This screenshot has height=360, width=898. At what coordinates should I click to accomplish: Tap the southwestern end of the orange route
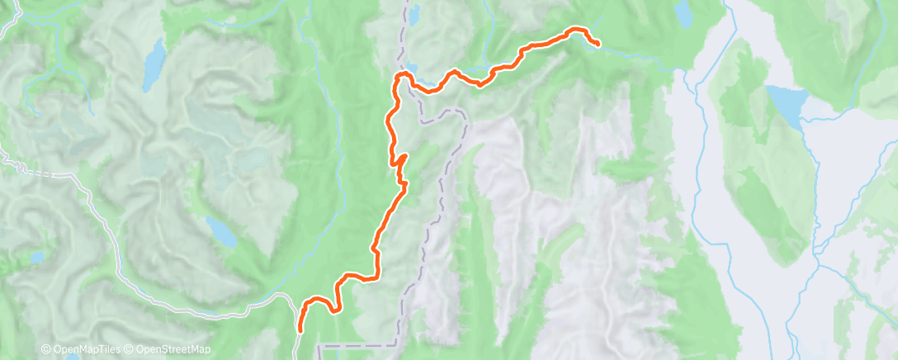pyautogui.click(x=299, y=330)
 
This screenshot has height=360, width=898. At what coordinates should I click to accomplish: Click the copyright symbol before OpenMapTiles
pyautogui.click(x=45, y=350)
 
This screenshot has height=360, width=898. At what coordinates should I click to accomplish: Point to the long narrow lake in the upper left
pyautogui.click(x=152, y=66)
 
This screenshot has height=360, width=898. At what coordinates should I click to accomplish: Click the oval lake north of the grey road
pyautogui.click(x=221, y=232)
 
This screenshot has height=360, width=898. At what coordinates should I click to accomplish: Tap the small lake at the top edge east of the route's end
pyautogui.click(x=683, y=14)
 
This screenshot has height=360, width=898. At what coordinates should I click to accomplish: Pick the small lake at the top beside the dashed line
pyautogui.click(x=414, y=14)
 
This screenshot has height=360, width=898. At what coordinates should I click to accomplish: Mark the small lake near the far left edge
pyautogui.click(x=35, y=258)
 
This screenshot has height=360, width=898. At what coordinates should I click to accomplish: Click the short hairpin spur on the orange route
pyautogui.click(x=402, y=158)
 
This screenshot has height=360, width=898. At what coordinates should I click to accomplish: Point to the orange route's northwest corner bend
pyautogui.click(x=402, y=77)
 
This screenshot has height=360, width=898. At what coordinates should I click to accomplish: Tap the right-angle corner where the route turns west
pyautogui.click(x=378, y=275)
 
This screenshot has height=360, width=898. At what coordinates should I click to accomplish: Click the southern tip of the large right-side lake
pyautogui.click(x=800, y=127)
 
